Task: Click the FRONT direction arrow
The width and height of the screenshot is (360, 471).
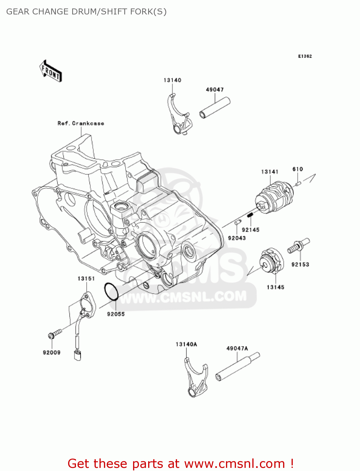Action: click(x=51, y=71)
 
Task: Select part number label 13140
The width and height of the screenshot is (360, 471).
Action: click(x=172, y=80)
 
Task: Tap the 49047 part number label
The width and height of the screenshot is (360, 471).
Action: click(x=215, y=90)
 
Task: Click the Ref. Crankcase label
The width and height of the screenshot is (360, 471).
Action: click(x=81, y=123)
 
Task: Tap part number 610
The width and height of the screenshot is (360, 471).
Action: click(x=298, y=169)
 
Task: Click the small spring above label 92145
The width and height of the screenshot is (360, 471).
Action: click(x=250, y=215)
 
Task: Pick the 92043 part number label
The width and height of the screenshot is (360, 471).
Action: click(x=237, y=238)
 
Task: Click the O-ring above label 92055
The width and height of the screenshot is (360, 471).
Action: click(x=111, y=291)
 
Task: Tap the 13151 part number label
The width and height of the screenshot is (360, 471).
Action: click(x=86, y=279)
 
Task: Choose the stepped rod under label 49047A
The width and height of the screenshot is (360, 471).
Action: click(x=238, y=367)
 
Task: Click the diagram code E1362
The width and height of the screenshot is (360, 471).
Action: click(x=305, y=56)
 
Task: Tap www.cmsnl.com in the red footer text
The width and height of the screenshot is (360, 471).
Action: click(x=234, y=463)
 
